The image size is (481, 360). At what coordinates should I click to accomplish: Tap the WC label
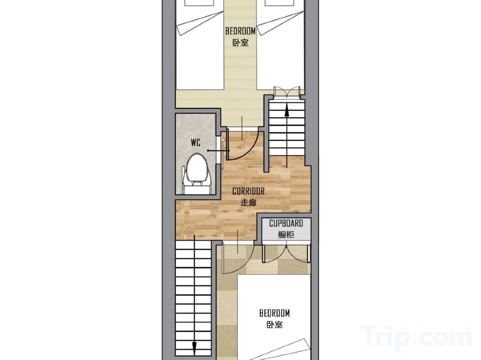pyautogui.click(x=196, y=143)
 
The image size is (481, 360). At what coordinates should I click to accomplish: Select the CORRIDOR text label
pyautogui.click(x=249, y=192)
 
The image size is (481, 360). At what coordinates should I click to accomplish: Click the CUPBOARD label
pyautogui.click(x=286, y=223)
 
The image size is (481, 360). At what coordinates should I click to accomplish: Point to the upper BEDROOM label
pyautogui.click(x=240, y=31)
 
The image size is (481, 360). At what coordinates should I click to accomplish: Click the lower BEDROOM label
pyautogui.click(x=274, y=313)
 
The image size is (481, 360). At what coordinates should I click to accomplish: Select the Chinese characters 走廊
pyautogui.click(x=249, y=203)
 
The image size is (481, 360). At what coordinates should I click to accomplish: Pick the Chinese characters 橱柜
pyautogui.click(x=286, y=235)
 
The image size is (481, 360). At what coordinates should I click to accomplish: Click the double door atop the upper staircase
pyautogui.click(x=286, y=92)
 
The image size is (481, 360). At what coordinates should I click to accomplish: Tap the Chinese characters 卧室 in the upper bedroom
pyautogui.click(x=240, y=42)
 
